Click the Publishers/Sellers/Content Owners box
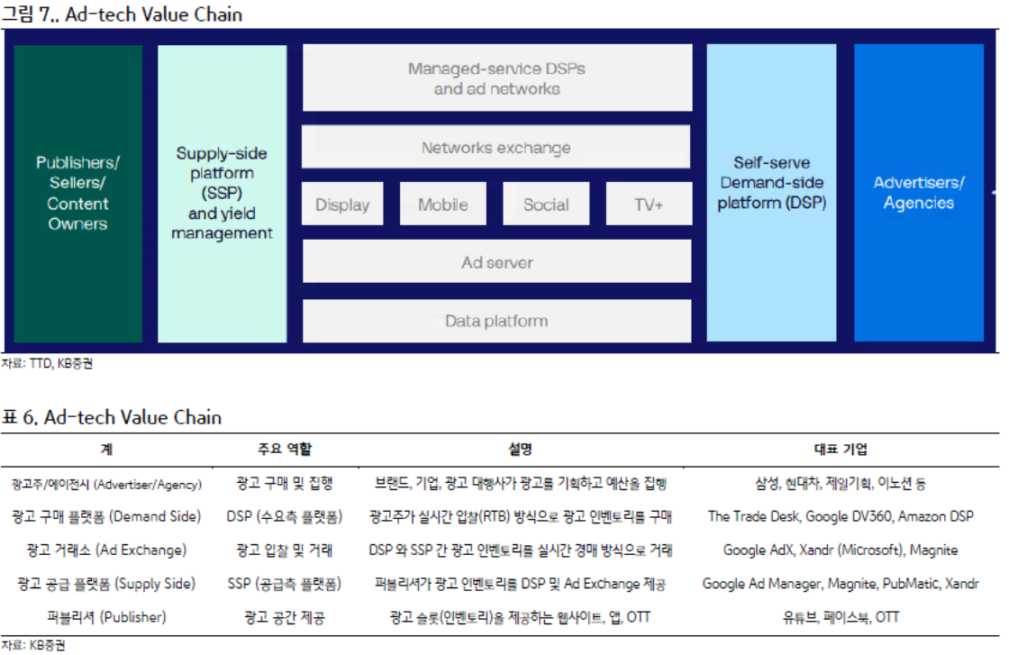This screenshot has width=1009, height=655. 77,193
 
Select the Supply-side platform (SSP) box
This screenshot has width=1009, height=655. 222,193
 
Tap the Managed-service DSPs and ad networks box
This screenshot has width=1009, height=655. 496,78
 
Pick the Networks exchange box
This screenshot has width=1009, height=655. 496,148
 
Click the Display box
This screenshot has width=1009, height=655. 342,205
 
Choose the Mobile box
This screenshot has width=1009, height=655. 442,205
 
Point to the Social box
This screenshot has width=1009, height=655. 546,205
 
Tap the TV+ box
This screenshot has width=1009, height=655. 649,205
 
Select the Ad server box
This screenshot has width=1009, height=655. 496,262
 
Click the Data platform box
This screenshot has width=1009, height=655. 496,321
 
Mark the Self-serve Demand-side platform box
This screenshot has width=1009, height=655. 772,193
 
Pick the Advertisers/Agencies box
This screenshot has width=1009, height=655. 919,193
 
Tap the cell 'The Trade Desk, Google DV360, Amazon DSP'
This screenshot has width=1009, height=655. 841,516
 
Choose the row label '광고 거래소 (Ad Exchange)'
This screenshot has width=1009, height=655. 106,550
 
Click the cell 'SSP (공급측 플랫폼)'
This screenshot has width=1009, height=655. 285,584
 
